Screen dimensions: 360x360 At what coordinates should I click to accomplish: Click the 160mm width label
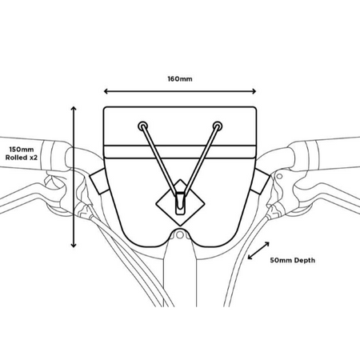pyautogui.click(x=180, y=79)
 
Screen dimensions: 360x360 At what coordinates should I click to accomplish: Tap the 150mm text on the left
pyautogui.click(x=22, y=150)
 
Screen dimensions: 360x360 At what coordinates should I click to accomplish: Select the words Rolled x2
pyautogui.click(x=22, y=158)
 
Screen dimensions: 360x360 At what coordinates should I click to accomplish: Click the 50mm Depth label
pyautogui.click(x=293, y=260)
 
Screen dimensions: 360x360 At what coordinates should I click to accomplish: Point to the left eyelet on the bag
pyautogui.click(x=142, y=126)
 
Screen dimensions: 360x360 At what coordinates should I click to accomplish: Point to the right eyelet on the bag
pyautogui.click(x=218, y=126)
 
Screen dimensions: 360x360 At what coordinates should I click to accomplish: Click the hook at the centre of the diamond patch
pyautogui.click(x=180, y=203)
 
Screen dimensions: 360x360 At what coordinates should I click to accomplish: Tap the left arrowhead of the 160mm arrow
pyautogui.click(x=106, y=91)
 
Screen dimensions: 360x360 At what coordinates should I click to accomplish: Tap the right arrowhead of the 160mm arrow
pyautogui.click(x=254, y=91)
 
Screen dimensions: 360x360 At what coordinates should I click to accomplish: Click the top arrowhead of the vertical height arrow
pyautogui.click(x=74, y=108)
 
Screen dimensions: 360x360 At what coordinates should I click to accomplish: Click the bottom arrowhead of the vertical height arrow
pyautogui.click(x=74, y=246)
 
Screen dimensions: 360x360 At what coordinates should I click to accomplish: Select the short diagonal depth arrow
pyautogui.click(x=258, y=250)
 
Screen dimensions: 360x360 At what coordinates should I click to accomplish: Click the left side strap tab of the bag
pyautogui.click(x=99, y=182)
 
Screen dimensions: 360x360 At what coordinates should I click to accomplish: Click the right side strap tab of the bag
pyautogui.click(x=260, y=182)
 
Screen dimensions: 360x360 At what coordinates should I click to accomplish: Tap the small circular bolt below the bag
pyautogui.click(x=180, y=235)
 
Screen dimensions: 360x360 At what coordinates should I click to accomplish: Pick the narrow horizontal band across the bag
pyautogui.click(x=180, y=152)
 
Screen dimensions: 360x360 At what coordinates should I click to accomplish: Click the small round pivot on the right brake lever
pyautogui.click(x=279, y=176)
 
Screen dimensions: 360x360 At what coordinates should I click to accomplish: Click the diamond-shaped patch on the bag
pyautogui.click(x=180, y=202)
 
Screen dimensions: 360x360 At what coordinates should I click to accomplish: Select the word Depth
pyautogui.click(x=304, y=261)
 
